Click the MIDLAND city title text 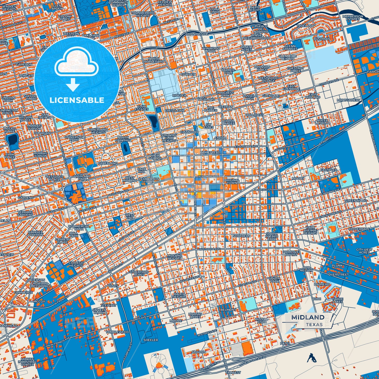(x=308, y=317)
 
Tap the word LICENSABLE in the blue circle (x=77, y=100)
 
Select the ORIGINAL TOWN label (x=232, y=182)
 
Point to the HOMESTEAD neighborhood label (x=210, y=152)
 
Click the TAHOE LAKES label (x=338, y=300)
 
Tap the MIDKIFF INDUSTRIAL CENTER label (x=27, y=362)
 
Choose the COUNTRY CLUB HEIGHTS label (x=169, y=138)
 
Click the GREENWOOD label (x=356, y=201)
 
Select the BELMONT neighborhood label (x=228, y=310)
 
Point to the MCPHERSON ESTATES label (x=353, y=18)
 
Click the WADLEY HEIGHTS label (x=9, y=8)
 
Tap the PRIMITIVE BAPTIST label (x=291, y=253)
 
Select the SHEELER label (x=151, y=340)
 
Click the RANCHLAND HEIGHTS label (x=98, y=131)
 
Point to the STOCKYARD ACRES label (x=139, y=273)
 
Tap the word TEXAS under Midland (x=314, y=324)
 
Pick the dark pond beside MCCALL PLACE (x=12, y=140)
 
